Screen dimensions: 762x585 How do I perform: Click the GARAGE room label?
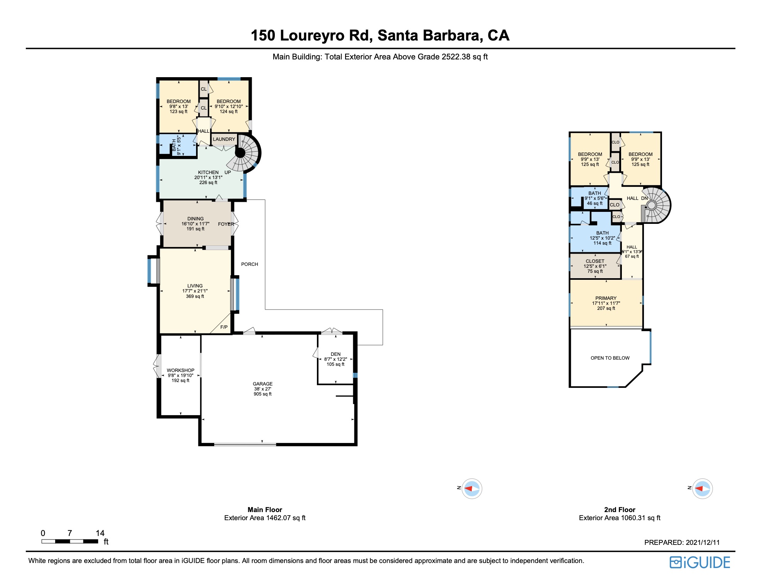262,384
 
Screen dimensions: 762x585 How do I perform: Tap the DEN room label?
335,354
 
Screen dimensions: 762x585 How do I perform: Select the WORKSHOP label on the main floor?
180,370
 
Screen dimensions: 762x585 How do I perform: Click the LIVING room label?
195,286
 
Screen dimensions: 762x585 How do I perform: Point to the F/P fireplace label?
224,327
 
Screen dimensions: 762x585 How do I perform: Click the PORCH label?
249,264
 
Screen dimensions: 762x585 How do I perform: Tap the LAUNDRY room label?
224,139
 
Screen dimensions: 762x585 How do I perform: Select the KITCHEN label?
208,172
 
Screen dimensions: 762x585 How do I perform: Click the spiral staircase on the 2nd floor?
655,205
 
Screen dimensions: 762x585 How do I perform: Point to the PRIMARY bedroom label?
606,298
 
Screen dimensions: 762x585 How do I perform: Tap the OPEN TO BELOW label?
610,358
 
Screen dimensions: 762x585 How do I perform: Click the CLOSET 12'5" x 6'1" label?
595,261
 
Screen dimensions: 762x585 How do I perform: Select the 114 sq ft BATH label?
602,233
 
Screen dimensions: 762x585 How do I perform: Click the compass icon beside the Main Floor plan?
472,489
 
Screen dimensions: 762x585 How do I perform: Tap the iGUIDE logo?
700,563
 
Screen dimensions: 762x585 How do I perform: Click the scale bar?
69,541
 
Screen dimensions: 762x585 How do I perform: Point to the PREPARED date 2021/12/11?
682,543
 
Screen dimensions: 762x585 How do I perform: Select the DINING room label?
195,219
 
